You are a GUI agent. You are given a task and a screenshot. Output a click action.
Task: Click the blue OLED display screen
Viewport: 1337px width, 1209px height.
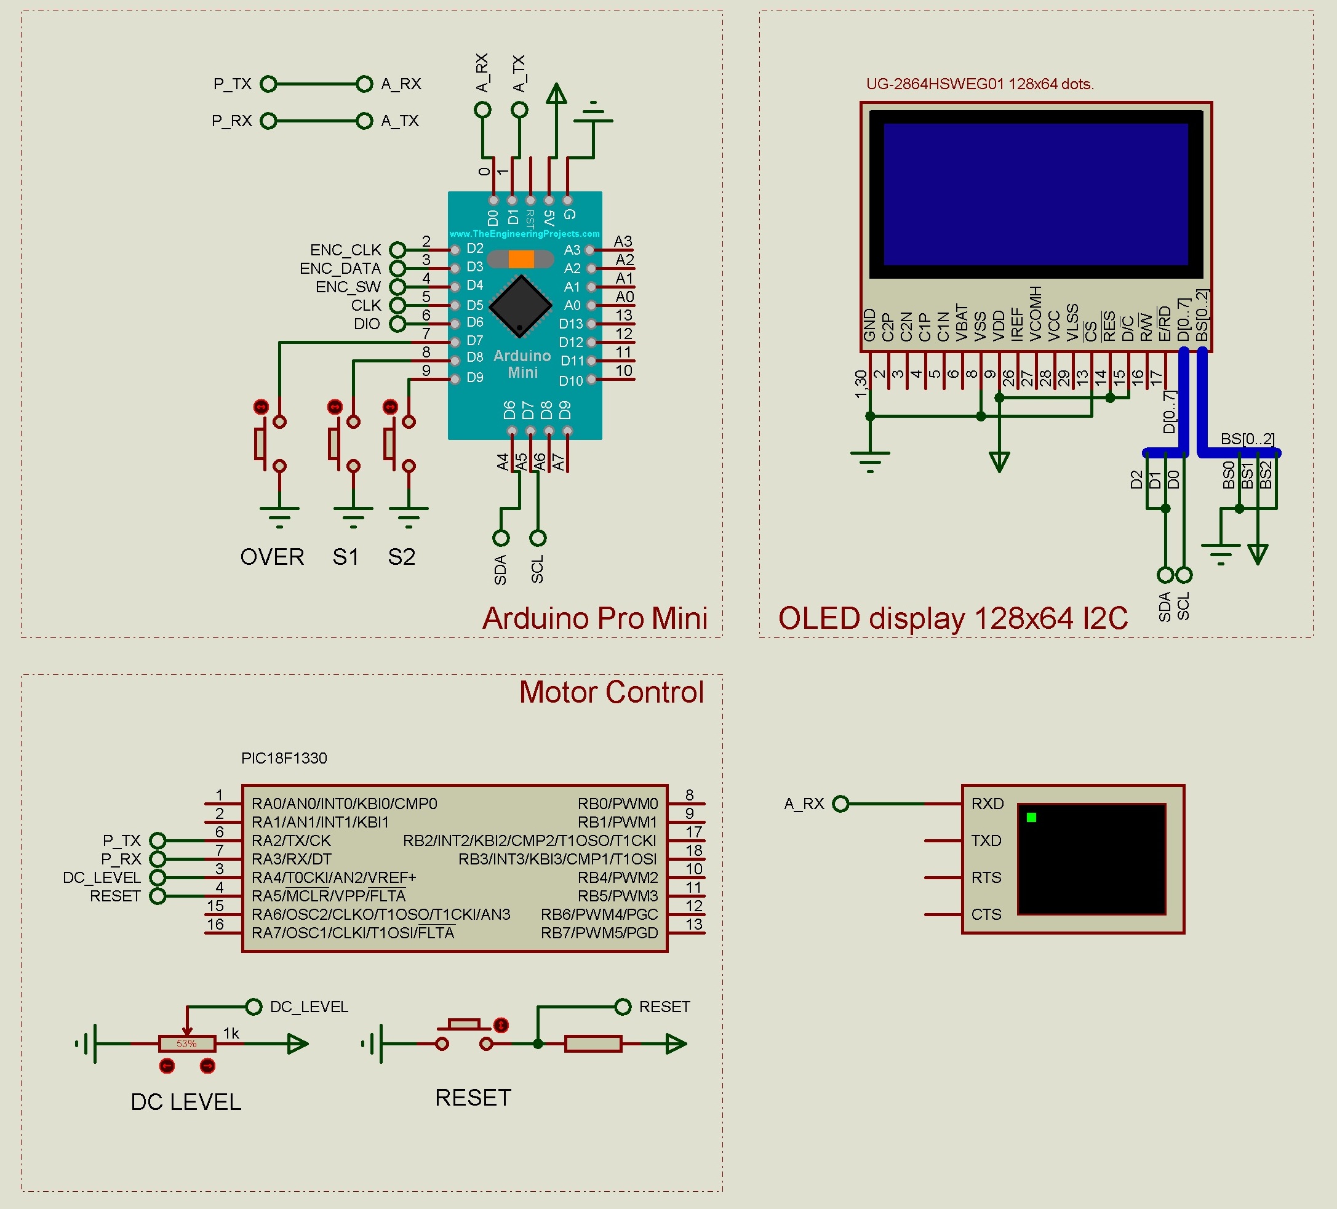point(1036,194)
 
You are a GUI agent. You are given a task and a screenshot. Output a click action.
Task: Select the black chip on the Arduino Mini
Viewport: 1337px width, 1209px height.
point(521,306)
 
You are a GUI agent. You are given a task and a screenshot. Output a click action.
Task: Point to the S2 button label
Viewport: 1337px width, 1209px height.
point(401,557)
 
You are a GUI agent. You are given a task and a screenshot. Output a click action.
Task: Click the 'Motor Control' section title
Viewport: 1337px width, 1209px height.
point(611,692)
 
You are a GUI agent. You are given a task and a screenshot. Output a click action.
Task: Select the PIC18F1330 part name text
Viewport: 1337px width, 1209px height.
point(284,758)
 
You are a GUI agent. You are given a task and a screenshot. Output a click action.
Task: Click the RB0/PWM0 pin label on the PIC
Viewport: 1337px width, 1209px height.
point(618,804)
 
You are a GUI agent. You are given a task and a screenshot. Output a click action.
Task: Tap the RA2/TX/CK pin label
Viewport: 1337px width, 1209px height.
point(291,841)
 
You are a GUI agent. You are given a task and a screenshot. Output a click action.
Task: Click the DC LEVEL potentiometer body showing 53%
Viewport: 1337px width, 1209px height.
point(187,1044)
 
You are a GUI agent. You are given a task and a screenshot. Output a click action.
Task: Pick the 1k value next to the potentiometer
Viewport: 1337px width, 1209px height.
point(231,1033)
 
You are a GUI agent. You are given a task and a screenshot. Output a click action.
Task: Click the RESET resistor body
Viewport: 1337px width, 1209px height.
point(593,1044)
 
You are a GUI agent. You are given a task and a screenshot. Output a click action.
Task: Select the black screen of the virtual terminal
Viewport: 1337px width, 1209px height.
point(1091,860)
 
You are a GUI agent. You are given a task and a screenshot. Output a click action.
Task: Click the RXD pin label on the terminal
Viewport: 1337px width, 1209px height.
point(988,804)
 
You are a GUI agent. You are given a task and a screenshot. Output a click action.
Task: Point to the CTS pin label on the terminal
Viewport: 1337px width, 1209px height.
point(986,914)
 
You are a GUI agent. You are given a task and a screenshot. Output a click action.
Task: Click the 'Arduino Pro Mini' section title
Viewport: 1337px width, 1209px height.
point(595,618)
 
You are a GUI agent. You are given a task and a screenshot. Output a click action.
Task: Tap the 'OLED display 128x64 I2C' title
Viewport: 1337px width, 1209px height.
point(952,618)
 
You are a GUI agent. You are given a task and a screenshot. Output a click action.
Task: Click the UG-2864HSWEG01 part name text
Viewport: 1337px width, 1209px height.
point(980,84)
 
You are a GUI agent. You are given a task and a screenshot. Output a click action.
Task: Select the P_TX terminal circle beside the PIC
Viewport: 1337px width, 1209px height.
point(157,841)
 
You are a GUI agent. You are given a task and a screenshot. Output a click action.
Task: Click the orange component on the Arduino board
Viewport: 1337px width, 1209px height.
point(521,259)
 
